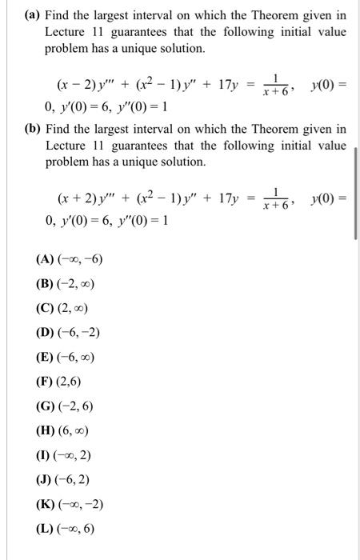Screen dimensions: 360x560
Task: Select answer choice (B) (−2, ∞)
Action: (x=66, y=283)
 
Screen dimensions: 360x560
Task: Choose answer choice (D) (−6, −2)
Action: (x=69, y=331)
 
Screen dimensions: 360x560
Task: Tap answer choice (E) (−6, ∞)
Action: (x=66, y=355)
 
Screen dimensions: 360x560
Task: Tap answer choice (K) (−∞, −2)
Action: (x=69, y=503)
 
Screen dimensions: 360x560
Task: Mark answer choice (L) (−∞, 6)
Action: (x=66, y=528)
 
